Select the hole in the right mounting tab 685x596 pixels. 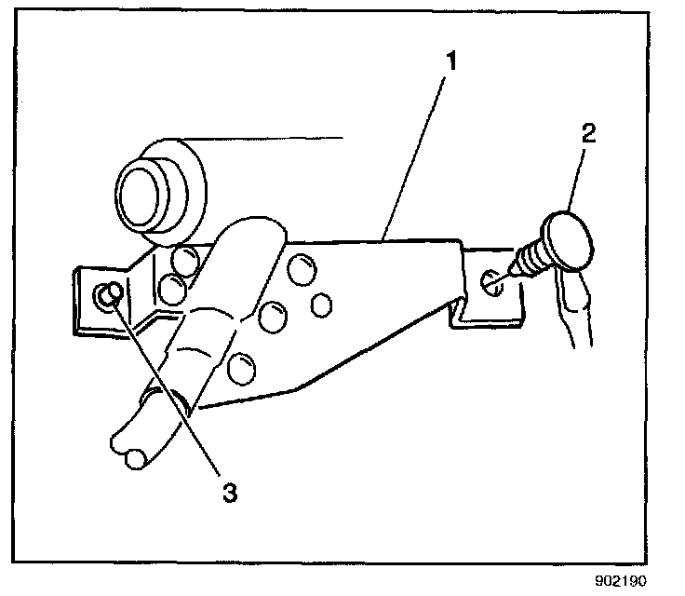pos(493,279)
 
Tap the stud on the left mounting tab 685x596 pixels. pos(109,296)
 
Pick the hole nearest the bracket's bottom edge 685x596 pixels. pos(239,369)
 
